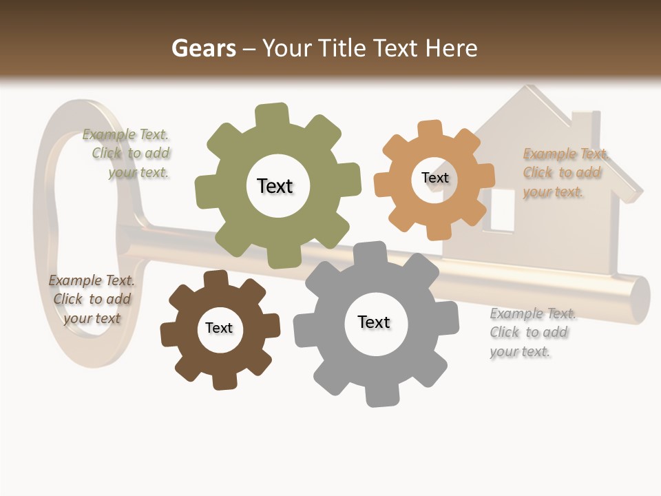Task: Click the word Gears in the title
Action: tap(203, 48)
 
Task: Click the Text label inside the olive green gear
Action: tap(275, 186)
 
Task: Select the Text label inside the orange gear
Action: tap(434, 178)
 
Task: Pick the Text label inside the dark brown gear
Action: tap(219, 328)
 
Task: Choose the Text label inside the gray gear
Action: tap(374, 322)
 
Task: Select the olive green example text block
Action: tap(130, 154)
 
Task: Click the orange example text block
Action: tap(563, 173)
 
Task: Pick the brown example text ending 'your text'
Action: tap(92, 299)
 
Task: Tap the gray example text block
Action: tap(531, 333)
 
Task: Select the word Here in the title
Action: tap(452, 48)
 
